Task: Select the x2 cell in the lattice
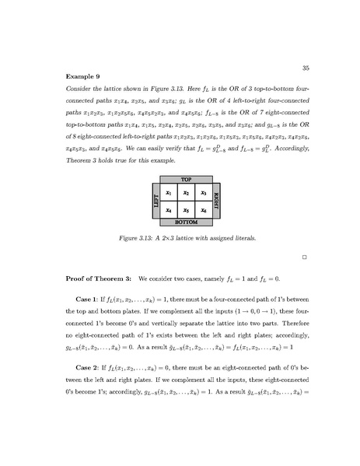pos(186,194)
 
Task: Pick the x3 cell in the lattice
pos(203,194)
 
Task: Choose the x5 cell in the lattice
pos(186,210)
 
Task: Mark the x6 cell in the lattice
pos(203,210)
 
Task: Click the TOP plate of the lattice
pos(186,180)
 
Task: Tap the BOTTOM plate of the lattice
pos(186,222)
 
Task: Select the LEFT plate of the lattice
pos(155,201)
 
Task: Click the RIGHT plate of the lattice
pos(217,201)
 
